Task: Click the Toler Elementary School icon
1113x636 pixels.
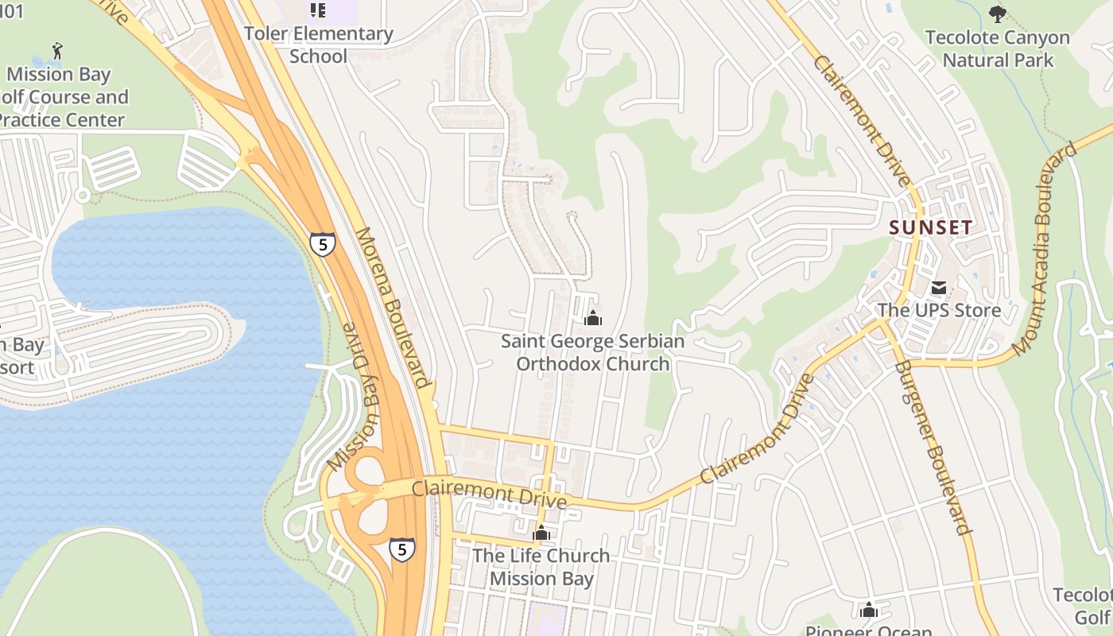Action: (318, 10)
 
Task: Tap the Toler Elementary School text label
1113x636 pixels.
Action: (318, 45)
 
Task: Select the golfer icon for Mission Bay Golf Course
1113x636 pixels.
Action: (56, 52)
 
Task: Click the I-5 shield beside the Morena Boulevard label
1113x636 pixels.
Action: (322, 244)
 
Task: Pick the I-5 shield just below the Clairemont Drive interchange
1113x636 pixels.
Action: (401, 549)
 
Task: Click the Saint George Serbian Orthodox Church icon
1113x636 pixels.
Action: (592, 319)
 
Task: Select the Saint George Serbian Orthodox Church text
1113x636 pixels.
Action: (592, 352)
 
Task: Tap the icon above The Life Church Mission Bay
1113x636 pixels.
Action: (541, 533)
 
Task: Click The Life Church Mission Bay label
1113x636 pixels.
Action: (541, 567)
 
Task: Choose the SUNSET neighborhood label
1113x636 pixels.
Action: (930, 227)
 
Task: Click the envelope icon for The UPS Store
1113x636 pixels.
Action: (939, 287)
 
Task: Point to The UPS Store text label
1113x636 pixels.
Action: (939, 310)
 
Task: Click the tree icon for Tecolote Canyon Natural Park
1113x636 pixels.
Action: (997, 14)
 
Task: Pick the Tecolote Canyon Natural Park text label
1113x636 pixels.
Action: (998, 48)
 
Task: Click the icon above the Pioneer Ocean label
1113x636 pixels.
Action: (869, 610)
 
